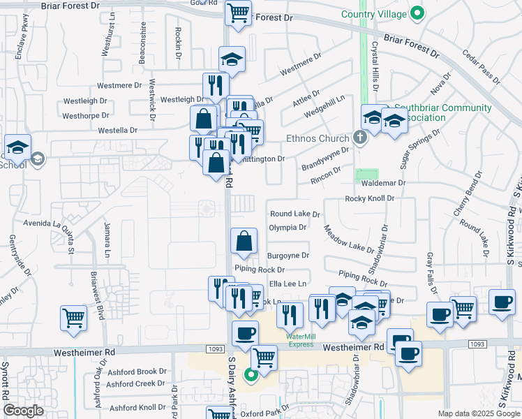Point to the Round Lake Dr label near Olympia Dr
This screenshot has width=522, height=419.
click(x=294, y=214)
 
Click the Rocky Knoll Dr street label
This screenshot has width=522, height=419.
click(x=370, y=199)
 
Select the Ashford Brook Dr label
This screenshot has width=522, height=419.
click(x=137, y=372)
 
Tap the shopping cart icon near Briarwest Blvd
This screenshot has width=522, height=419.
click(x=73, y=318)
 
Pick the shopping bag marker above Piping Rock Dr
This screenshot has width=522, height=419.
click(x=244, y=242)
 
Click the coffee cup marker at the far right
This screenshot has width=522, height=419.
click(x=502, y=302)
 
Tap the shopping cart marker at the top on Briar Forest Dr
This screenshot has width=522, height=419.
click(x=239, y=12)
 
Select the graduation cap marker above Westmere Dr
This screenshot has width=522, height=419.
click(x=232, y=59)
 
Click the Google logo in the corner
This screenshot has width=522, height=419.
click(x=23, y=411)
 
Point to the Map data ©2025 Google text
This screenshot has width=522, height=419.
click(x=478, y=413)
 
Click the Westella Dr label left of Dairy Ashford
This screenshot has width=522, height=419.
click(x=117, y=130)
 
